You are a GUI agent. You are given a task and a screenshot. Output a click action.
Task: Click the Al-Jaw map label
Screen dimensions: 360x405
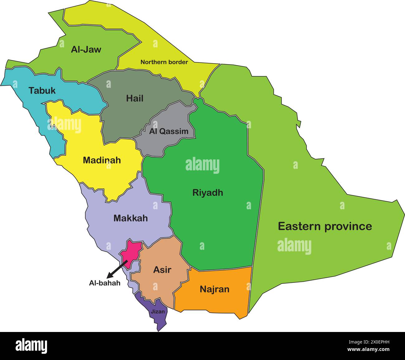coord(86,50)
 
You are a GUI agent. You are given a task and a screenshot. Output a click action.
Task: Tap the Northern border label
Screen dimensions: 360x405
coord(164,62)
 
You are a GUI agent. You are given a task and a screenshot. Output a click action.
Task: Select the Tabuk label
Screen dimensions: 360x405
coord(42,91)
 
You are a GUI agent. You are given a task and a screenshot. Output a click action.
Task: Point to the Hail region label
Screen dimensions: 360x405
coord(135,98)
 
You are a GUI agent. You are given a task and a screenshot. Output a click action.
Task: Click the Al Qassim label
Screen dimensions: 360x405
coord(169,131)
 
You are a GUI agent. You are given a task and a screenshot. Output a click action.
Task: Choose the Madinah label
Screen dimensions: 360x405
coord(102,160)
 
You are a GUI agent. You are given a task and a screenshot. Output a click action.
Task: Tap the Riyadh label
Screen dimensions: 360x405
coord(207,192)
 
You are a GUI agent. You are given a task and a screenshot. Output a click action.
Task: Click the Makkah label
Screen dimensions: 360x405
coord(131,218)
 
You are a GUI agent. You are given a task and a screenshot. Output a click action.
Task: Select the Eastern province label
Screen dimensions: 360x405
coord(325,226)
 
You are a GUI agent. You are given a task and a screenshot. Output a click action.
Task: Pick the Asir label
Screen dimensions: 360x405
coord(162,270)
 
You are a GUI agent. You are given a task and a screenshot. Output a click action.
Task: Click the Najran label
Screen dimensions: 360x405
coord(214,289)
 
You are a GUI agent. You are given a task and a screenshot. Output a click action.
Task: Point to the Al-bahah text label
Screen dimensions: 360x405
coord(105,283)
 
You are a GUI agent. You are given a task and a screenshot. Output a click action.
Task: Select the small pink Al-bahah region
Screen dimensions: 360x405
coord(131,251)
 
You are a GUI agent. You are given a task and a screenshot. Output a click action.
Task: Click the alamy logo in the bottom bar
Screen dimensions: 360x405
coord(31,346)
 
